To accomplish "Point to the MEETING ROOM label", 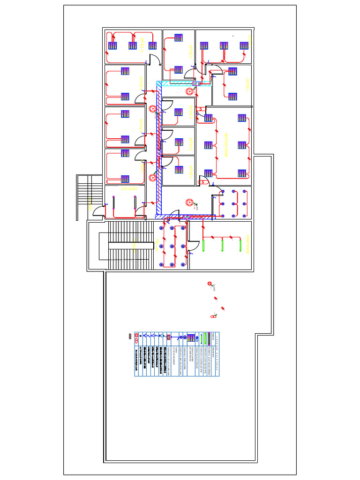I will point(226,145).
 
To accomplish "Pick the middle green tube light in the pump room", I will point(222,245).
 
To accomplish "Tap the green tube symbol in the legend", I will point(205,338).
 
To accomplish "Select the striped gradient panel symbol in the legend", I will point(191,338).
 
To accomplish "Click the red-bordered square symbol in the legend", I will point(168,337).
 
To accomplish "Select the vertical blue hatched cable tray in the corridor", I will point(158,150).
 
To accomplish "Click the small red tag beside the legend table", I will point(131,336).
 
